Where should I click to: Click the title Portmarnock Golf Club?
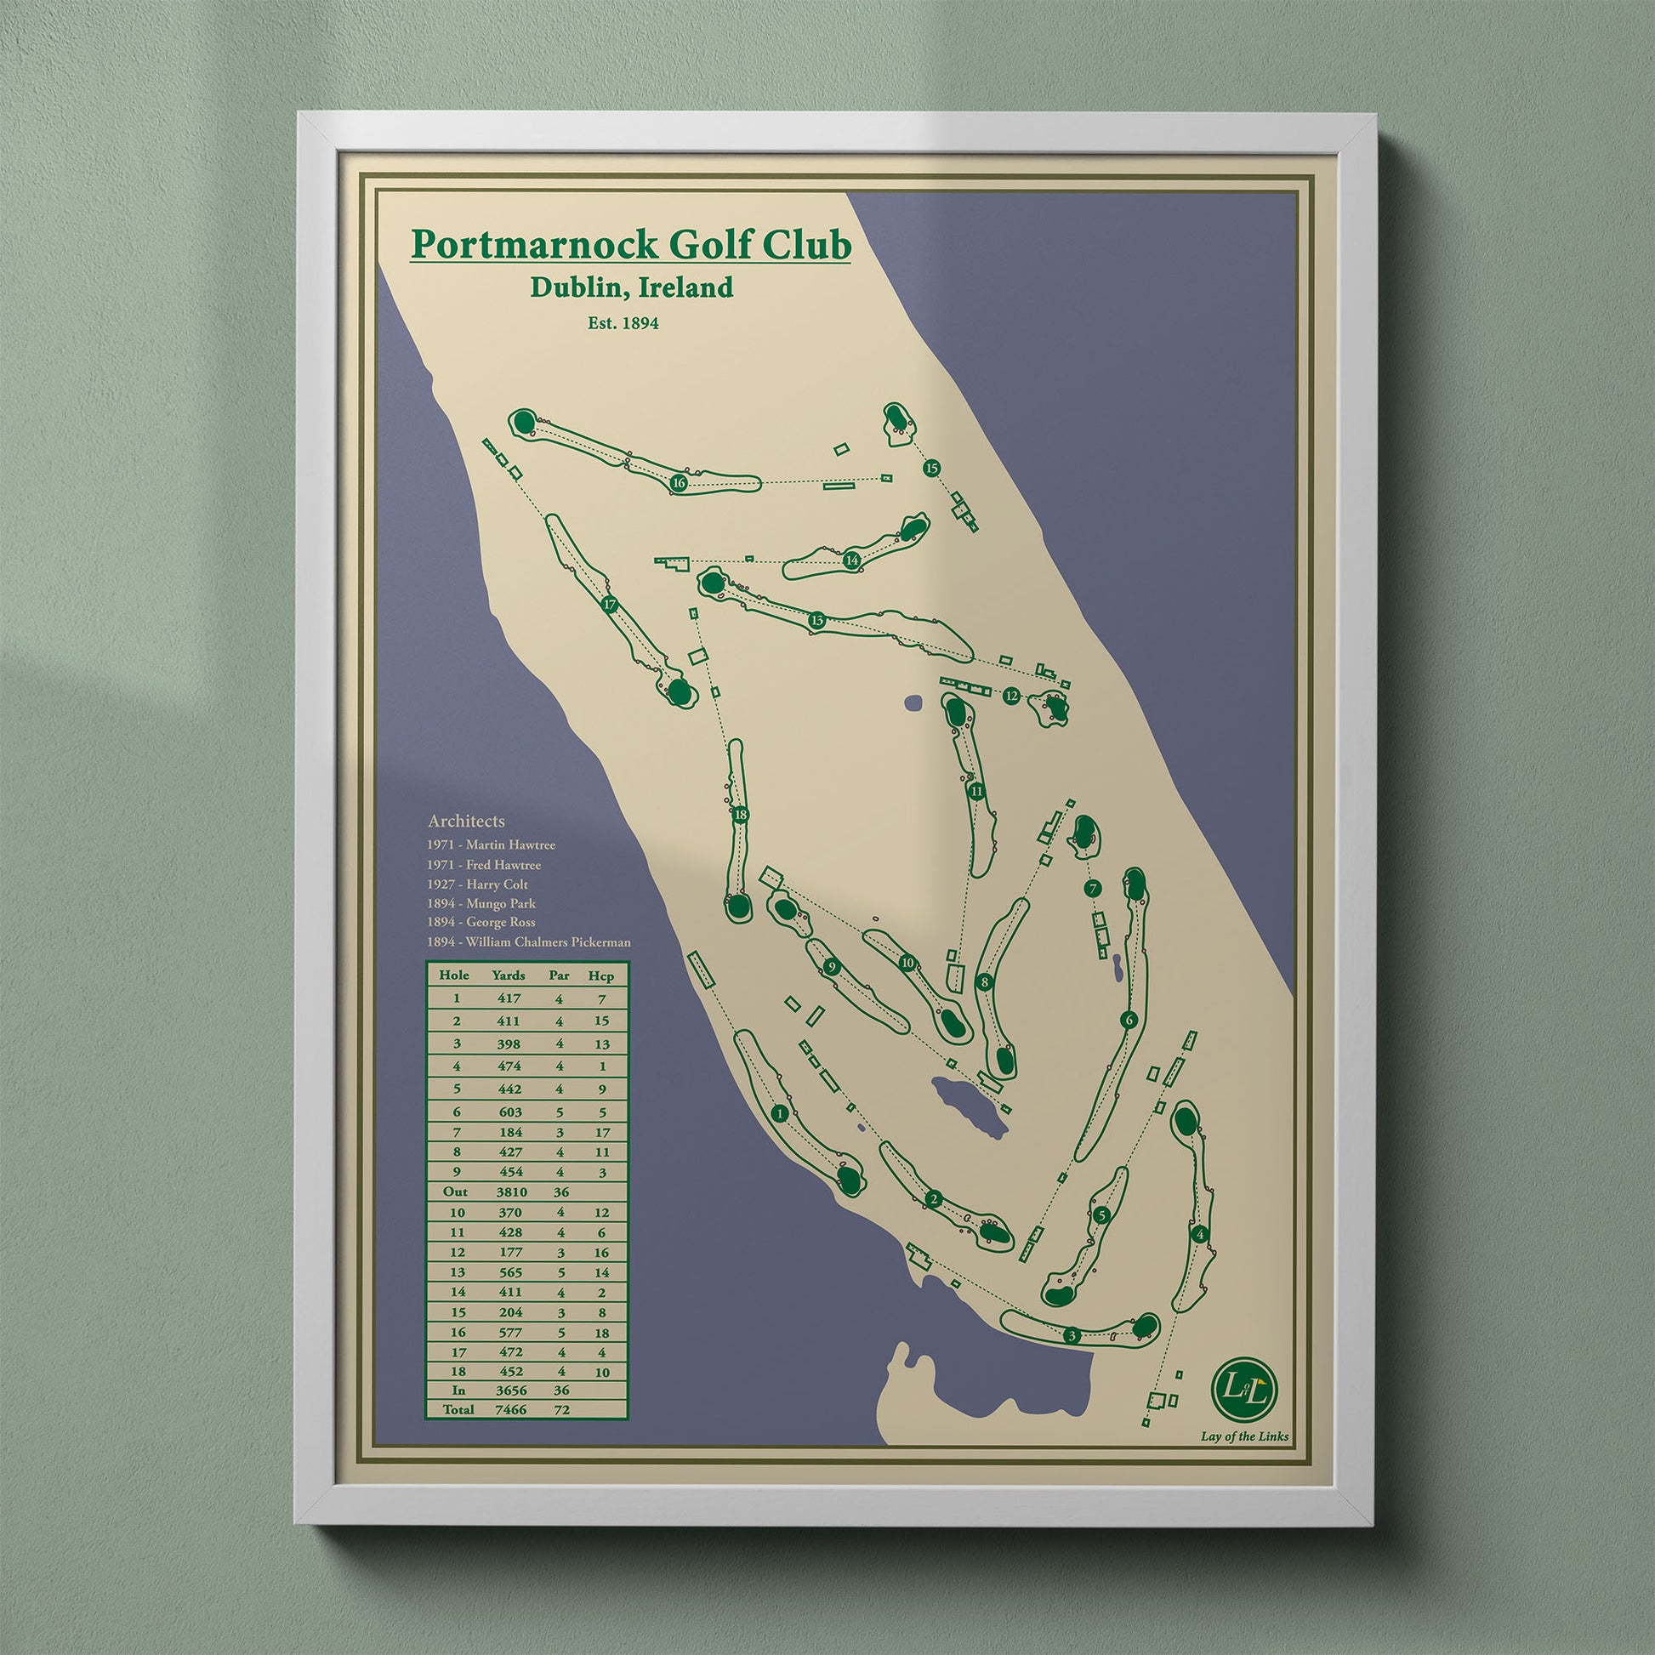630,244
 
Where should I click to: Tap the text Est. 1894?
623,324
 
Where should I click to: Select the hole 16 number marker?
679,483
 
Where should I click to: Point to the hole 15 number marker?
932,468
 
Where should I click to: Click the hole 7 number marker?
1091,890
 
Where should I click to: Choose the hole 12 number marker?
1012,696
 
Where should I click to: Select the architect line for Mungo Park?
481,903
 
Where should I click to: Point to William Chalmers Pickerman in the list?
528,942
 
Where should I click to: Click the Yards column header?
509,975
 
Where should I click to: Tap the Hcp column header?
601,975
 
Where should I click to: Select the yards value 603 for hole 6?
509,1112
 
